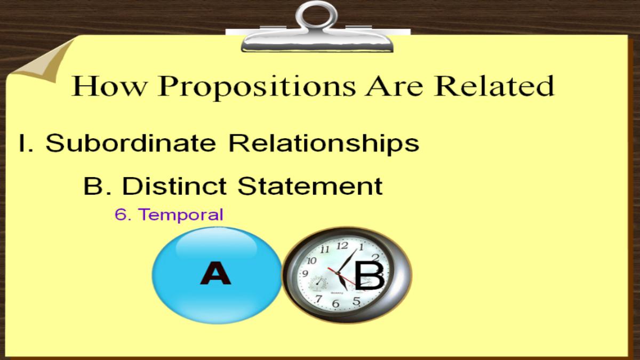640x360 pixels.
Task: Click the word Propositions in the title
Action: coord(256,87)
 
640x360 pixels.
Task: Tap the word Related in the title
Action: coord(494,86)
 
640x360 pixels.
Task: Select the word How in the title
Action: coord(109,86)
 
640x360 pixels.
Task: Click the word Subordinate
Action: coord(131,142)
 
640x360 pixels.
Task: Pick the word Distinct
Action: coord(174,186)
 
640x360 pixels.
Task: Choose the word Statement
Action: coord(310,186)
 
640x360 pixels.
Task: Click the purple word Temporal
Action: coord(181,214)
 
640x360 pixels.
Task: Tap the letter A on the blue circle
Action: coord(215,273)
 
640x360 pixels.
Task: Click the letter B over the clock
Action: coord(370,275)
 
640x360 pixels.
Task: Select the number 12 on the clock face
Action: coord(342,245)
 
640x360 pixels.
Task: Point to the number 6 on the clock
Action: coord(336,303)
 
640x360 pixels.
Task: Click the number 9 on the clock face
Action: coord(305,274)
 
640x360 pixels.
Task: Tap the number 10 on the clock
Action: coord(311,260)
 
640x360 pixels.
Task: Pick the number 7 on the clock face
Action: coord(318,299)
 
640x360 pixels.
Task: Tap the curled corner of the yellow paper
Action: coord(43,61)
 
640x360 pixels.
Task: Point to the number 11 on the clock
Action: coord(325,250)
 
